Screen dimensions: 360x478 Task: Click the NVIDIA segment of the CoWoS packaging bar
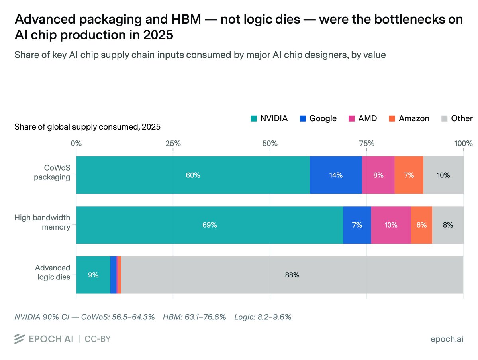pos(193,175)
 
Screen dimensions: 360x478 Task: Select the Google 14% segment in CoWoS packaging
pos(336,175)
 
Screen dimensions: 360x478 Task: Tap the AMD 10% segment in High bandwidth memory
pos(391,225)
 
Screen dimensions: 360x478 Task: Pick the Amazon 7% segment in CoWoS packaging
pos(409,175)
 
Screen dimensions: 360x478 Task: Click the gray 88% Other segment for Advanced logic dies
pos(292,275)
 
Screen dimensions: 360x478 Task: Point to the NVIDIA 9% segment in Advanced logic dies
pos(93,275)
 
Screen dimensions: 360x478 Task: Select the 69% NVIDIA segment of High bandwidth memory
pos(210,225)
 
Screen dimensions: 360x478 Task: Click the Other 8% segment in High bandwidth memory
pos(448,225)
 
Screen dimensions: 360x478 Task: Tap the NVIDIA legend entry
pos(269,118)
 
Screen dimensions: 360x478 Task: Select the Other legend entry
pos(457,118)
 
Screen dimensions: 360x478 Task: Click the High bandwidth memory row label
pos(42,222)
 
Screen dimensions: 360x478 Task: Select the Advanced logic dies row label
pos(52,272)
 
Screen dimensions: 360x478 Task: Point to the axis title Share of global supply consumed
pos(87,127)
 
